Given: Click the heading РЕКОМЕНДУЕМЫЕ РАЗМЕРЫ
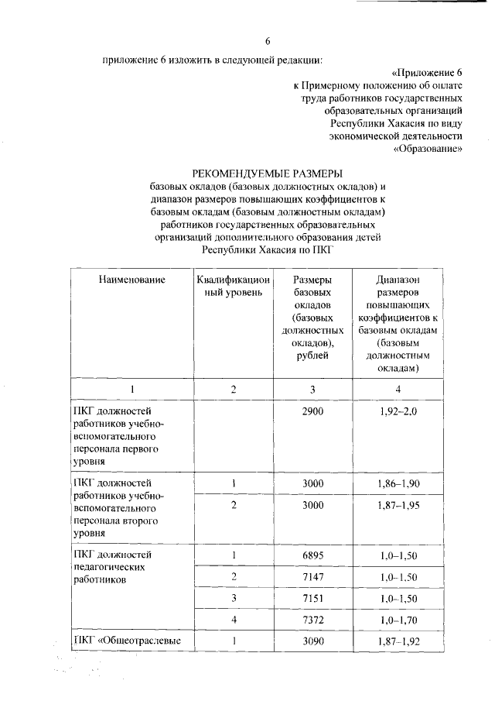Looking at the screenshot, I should (267, 173).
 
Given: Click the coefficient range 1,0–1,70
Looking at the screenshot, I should (398, 620).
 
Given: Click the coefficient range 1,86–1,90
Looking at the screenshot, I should (398, 483).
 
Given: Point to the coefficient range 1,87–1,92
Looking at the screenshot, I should (398, 642).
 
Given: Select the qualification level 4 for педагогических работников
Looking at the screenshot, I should (233, 620).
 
